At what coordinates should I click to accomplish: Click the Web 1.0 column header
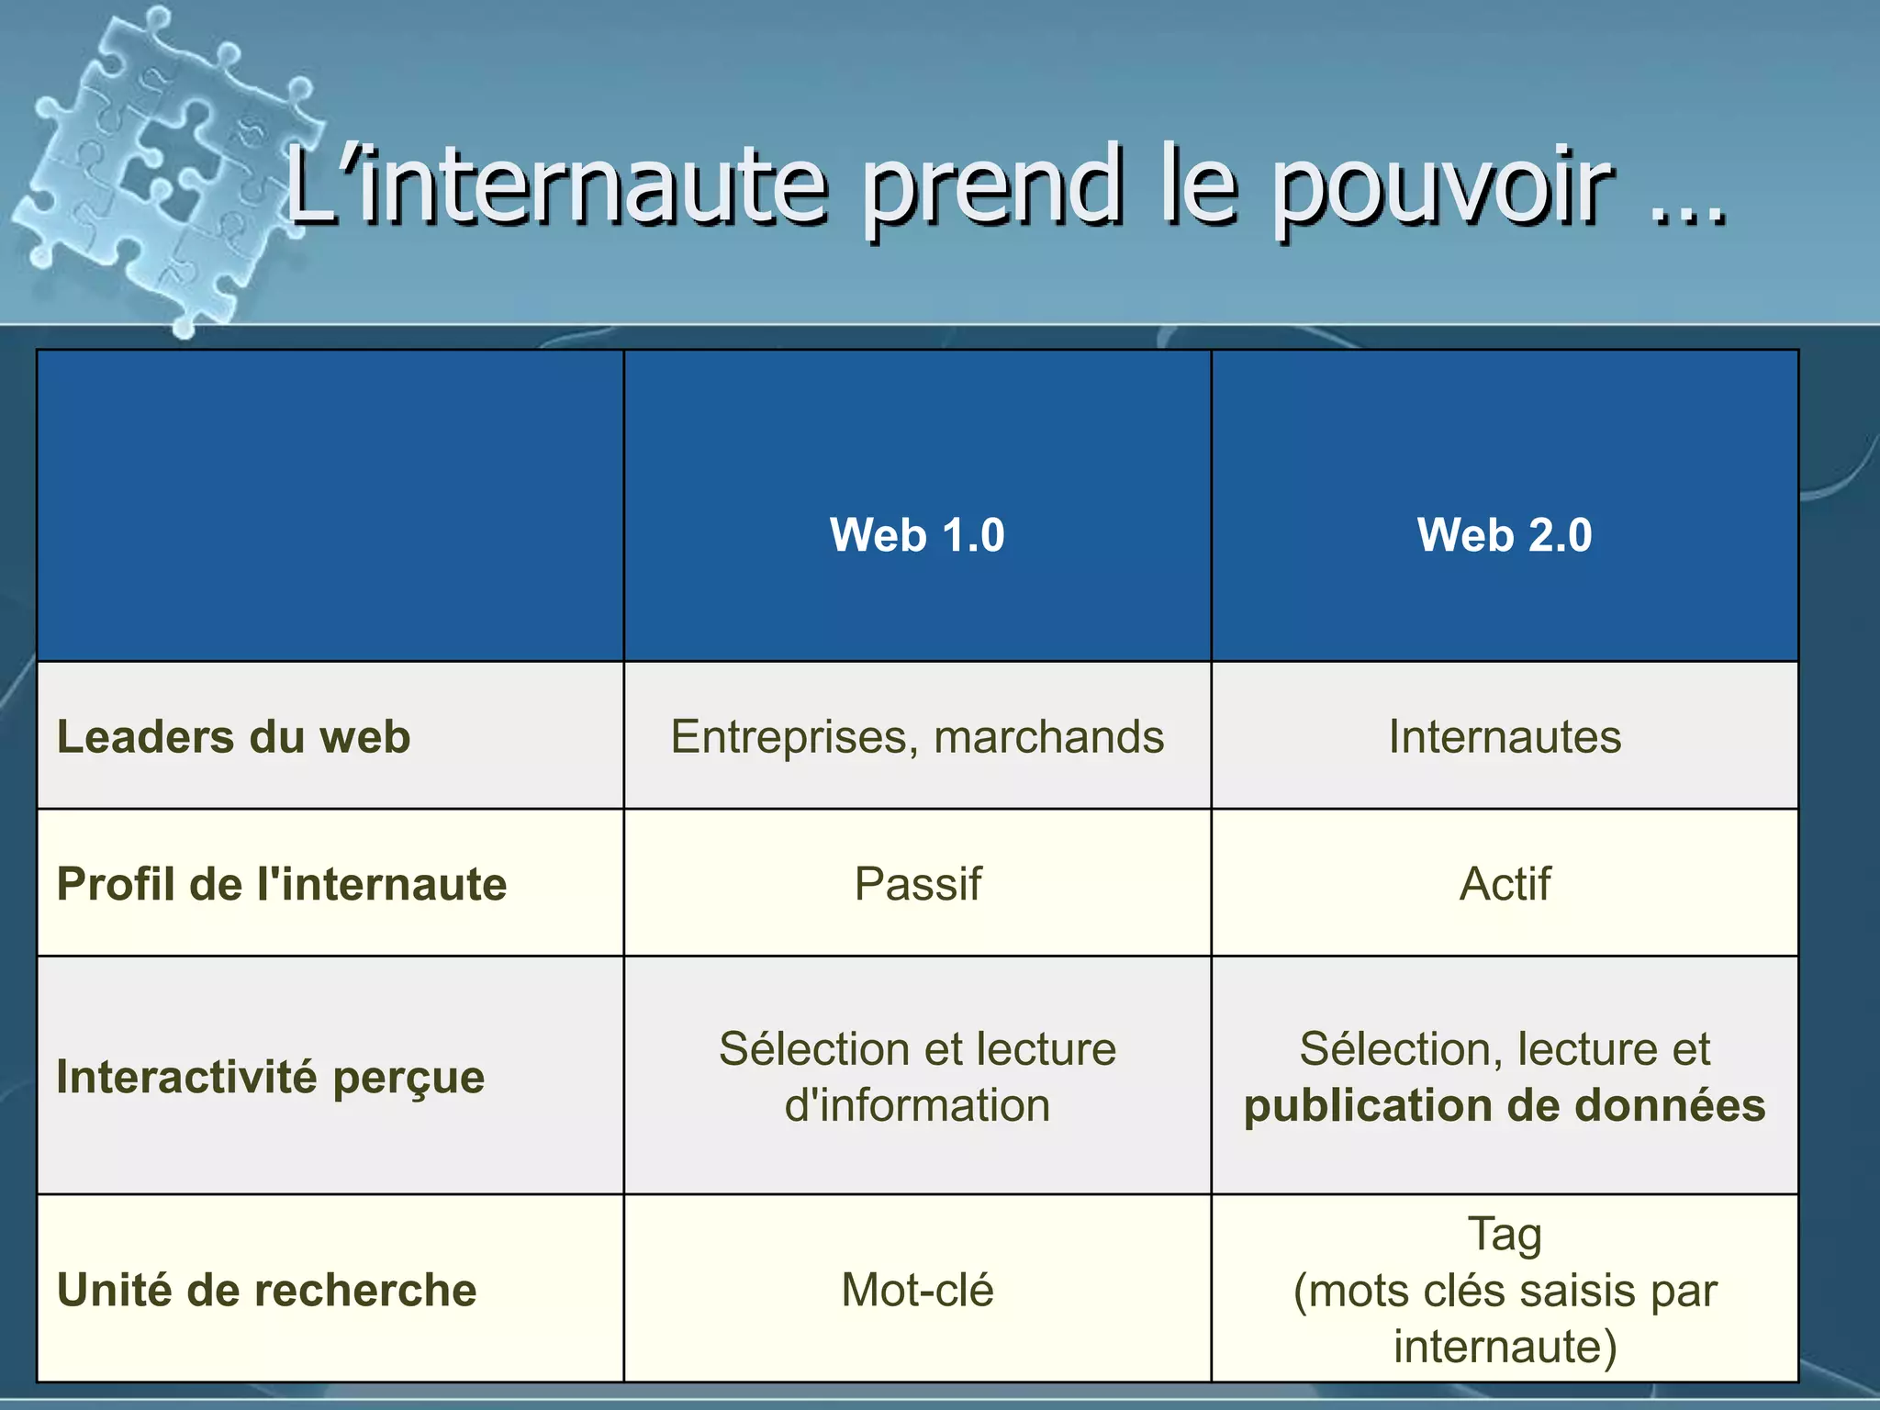[917, 534]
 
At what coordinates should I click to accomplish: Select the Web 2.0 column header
[1505, 534]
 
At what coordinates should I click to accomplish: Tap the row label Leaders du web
[233, 736]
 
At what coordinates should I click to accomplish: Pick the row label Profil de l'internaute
[281, 883]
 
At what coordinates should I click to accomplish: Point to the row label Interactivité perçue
[270, 1076]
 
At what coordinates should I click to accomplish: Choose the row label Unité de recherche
[266, 1290]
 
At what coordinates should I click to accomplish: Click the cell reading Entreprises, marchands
[917, 736]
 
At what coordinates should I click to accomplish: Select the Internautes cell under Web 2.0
[1505, 736]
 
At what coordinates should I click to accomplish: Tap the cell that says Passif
[917, 883]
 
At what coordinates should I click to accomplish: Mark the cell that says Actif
[1505, 883]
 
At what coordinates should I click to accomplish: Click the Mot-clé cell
[917, 1290]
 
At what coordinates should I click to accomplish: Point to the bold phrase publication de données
[1505, 1105]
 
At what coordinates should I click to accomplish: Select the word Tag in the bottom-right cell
[1505, 1234]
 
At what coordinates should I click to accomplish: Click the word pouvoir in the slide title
[1441, 188]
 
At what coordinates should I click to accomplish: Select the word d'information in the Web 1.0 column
[917, 1105]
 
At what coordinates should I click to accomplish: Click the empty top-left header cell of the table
[330, 505]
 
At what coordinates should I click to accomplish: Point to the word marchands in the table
[1048, 736]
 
